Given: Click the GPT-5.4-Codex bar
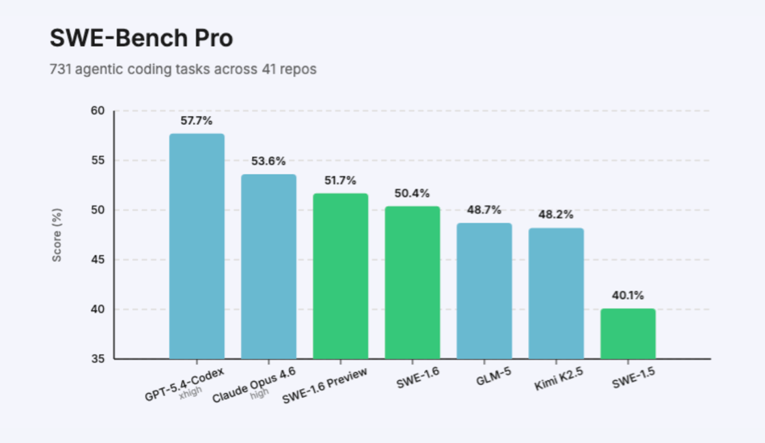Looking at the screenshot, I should pos(197,246).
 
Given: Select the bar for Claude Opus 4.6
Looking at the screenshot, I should pos(268,266).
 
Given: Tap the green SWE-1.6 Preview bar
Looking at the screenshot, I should pos(340,276).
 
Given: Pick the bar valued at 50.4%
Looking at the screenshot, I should pos(413,282).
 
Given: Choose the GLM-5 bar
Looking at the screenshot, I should pos(484,290).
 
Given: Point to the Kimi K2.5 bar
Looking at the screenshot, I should pos(556,293).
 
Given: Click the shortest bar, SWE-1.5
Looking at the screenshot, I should pos(628,333).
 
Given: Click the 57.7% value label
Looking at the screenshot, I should pos(197,121).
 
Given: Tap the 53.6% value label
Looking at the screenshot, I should pos(268,161).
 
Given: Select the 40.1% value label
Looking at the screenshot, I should pos(628,296).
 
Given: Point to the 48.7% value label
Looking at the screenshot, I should pos(484,210).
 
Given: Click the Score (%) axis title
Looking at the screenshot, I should pos(57,234).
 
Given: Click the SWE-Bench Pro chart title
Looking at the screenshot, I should pos(141,38).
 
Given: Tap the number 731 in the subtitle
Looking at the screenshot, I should pos(61,69).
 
